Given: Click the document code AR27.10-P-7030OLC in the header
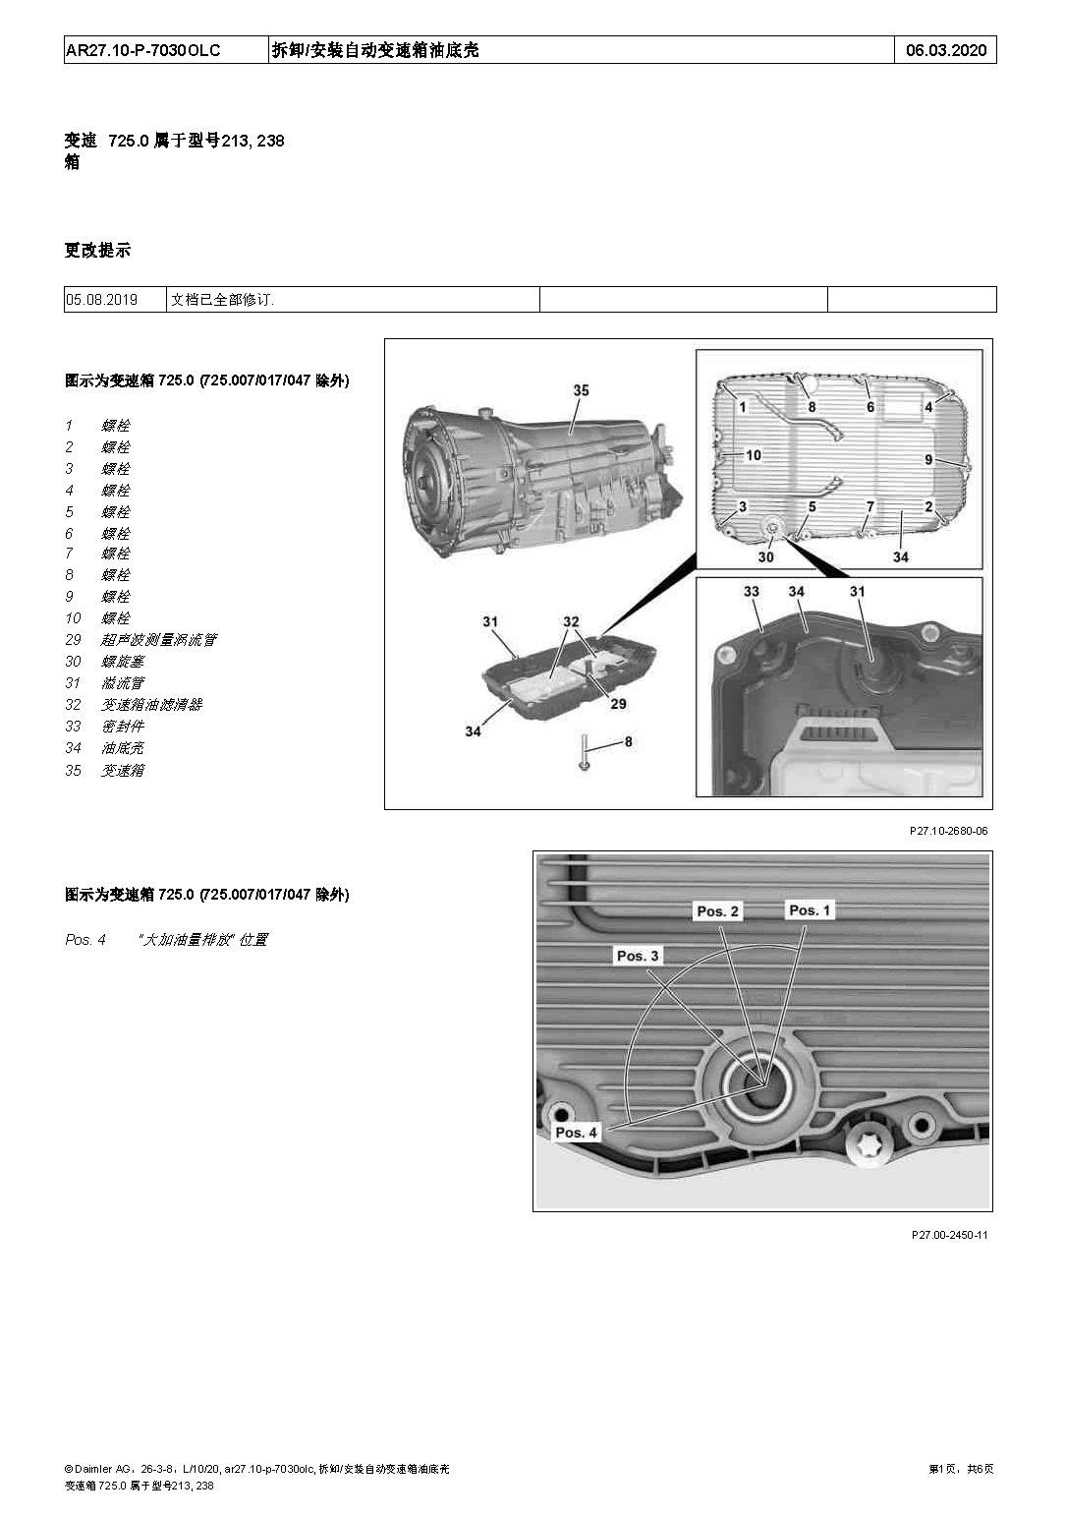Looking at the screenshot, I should click(x=143, y=50).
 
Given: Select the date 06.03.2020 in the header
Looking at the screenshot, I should click(x=944, y=50).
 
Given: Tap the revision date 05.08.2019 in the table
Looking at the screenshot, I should click(x=102, y=300).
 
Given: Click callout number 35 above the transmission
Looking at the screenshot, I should click(x=581, y=391).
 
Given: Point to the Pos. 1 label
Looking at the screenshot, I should click(x=810, y=910).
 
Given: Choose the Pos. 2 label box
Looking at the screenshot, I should click(x=717, y=911).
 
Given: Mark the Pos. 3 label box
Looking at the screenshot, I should click(x=638, y=956).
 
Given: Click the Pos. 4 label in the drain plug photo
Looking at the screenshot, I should click(x=576, y=1133).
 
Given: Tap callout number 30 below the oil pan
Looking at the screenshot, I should click(x=765, y=556).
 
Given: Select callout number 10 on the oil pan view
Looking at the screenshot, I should click(x=754, y=455).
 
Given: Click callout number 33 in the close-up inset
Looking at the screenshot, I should click(x=752, y=592).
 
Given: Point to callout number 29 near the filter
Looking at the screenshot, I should click(x=617, y=704).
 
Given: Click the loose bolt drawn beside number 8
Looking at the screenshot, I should click(x=584, y=752).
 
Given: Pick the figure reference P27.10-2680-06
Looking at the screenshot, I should click(x=948, y=831).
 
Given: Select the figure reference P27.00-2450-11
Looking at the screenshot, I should click(x=949, y=1235).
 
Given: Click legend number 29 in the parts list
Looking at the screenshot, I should click(x=74, y=640).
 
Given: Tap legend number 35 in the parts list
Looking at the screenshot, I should click(x=74, y=771).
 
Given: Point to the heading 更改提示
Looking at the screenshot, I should click(x=97, y=251).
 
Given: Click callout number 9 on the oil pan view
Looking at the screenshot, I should click(x=928, y=459).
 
